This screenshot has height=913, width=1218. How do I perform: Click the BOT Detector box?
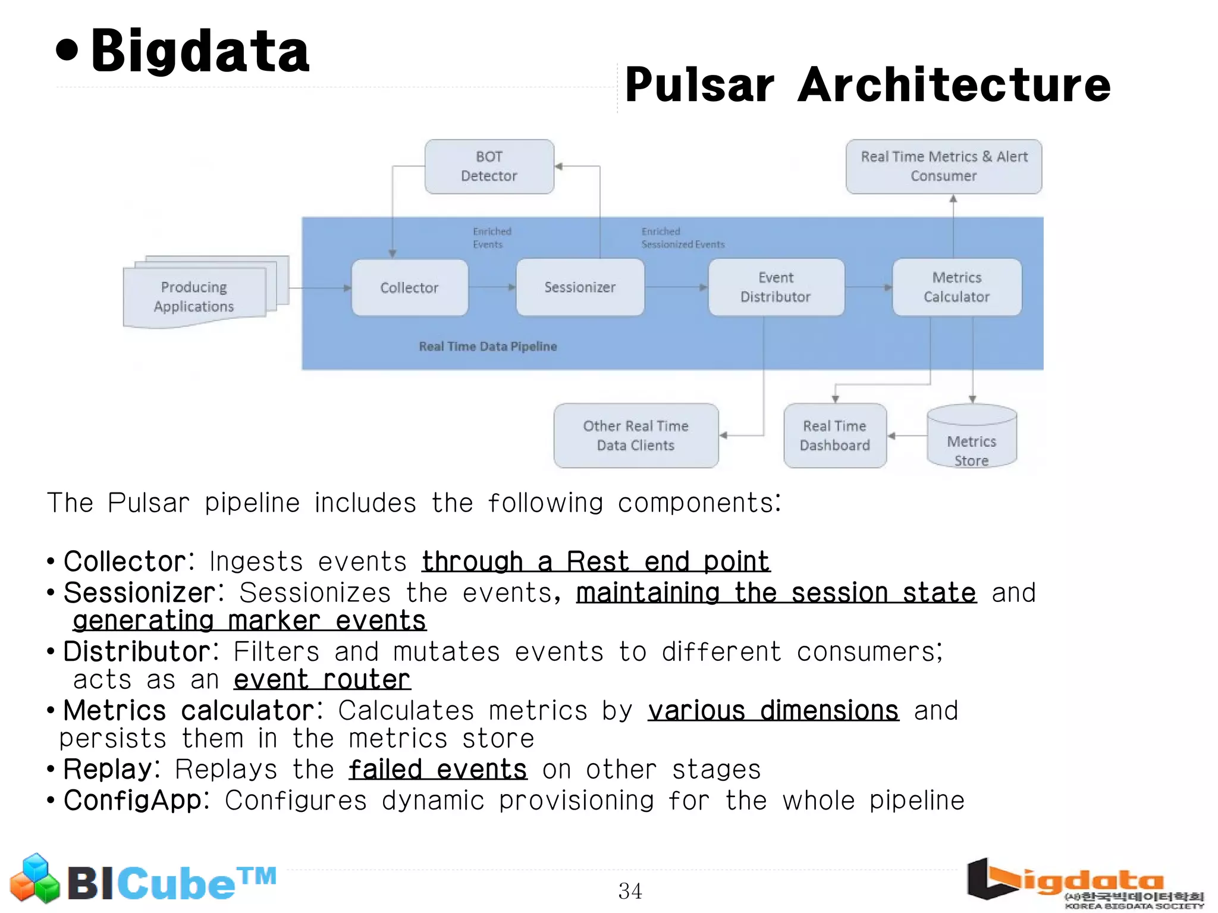[x=489, y=167]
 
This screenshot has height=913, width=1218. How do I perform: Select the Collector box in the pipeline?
[x=409, y=288]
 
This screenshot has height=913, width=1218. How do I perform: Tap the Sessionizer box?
[x=580, y=287]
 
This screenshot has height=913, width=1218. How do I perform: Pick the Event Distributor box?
[x=776, y=287]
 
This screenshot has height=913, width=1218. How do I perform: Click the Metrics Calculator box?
[x=956, y=287]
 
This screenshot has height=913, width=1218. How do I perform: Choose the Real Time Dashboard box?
[x=834, y=435]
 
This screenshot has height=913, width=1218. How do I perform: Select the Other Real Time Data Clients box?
[x=636, y=435]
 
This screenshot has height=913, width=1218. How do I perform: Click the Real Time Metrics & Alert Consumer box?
[x=944, y=167]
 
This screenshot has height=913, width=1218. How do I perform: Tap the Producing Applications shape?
[x=194, y=297]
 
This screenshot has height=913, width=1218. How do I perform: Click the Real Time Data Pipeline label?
[x=488, y=347]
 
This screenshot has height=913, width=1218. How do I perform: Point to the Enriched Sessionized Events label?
[x=682, y=238]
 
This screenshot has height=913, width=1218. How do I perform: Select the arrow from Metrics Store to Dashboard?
[x=907, y=436]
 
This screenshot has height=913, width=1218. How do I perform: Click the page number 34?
[x=630, y=891]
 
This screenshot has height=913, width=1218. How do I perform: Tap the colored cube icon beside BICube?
[x=35, y=879]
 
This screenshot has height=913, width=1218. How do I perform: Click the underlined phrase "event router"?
[x=322, y=680]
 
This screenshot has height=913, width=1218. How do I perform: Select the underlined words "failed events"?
[x=438, y=769]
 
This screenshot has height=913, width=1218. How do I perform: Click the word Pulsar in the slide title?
[x=700, y=85]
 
